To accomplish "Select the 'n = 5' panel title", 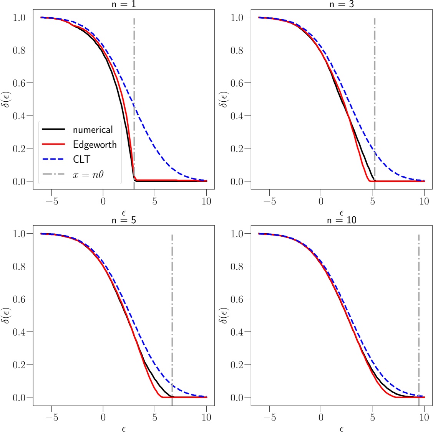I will point(123,220).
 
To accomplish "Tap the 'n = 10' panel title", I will point(342,220).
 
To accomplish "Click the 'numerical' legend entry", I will point(93,130).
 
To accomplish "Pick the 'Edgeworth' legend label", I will point(95,145).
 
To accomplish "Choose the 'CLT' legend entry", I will point(81,160).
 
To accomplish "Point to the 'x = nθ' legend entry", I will point(88,175).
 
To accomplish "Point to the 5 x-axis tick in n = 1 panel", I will point(154,201).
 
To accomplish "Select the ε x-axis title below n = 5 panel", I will point(123,429).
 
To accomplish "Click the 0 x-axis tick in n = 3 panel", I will point(321,201).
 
